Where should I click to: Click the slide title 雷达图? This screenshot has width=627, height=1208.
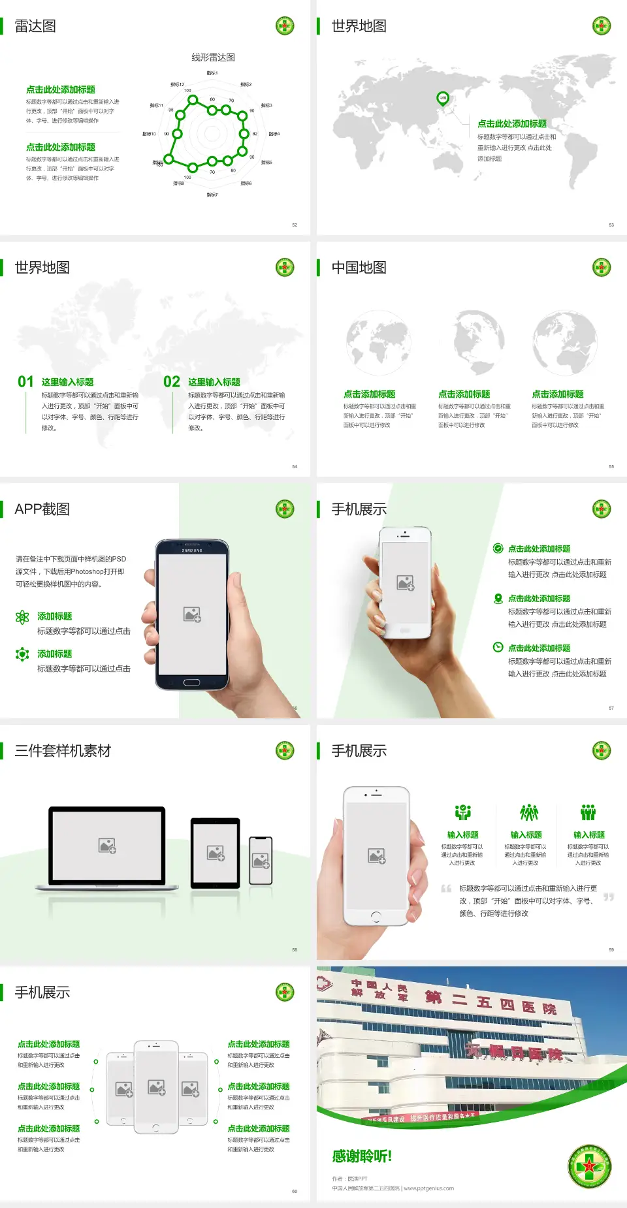(35, 26)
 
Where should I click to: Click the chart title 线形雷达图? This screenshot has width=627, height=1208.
(213, 57)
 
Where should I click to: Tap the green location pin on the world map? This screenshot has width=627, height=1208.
(443, 98)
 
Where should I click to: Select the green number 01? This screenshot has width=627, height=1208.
(25, 382)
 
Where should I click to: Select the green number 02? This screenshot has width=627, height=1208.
(172, 382)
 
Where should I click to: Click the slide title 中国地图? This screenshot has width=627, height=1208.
(359, 268)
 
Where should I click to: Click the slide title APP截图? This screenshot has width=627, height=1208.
(42, 509)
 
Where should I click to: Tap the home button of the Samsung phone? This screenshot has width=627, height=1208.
(191, 682)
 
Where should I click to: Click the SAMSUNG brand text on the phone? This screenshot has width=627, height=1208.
(192, 550)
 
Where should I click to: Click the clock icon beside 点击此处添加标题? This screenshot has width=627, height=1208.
(498, 647)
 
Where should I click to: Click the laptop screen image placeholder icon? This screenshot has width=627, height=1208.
(107, 846)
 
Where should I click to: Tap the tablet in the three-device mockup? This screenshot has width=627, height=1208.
(216, 853)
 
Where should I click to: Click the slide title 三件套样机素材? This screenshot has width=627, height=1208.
(63, 751)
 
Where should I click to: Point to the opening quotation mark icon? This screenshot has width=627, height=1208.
(446, 889)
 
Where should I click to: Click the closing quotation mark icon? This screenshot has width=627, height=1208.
(609, 897)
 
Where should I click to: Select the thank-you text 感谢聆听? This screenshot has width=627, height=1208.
(362, 1156)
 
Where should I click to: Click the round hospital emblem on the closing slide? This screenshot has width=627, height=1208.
(590, 1166)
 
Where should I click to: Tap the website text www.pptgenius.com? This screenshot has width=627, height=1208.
(428, 1188)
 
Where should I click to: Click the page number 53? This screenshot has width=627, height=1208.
(611, 225)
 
